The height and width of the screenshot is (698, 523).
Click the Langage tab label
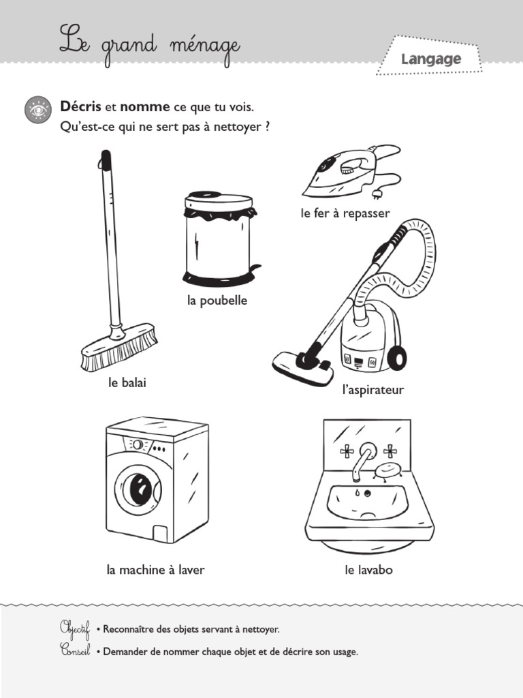(430, 59)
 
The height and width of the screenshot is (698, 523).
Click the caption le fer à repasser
(345, 213)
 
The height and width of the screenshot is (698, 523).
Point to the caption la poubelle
(217, 301)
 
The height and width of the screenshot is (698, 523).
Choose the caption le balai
(127, 383)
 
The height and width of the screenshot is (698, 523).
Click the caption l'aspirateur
(373, 390)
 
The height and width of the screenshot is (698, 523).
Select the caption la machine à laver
(155, 570)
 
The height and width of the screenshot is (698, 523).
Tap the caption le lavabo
(368, 570)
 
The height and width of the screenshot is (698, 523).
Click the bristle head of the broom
(119, 347)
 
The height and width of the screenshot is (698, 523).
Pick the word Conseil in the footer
(75, 652)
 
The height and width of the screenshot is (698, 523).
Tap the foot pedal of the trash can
(255, 268)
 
